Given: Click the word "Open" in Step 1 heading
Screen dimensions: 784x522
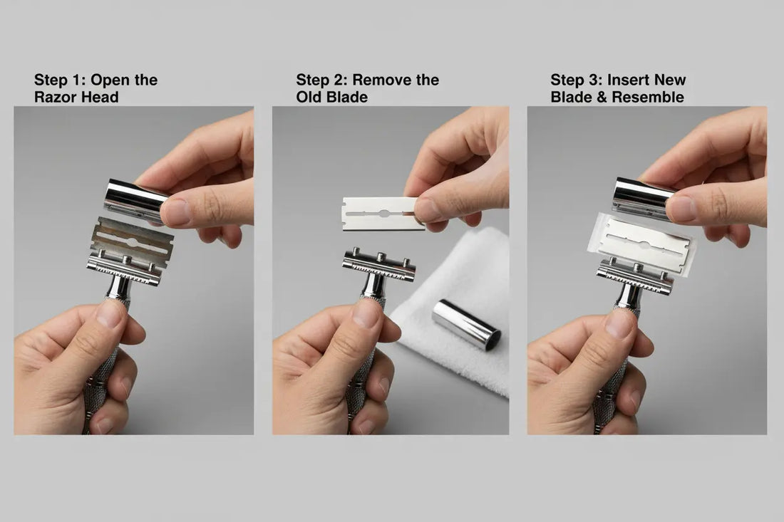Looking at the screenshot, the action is [x=109, y=80].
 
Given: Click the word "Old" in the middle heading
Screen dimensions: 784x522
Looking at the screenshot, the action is [x=309, y=97].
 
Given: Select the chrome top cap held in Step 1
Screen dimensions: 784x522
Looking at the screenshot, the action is [x=135, y=200].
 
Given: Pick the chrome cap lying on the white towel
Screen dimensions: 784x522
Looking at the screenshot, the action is [x=466, y=325].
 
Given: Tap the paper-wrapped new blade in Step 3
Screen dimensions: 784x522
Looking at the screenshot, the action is [x=643, y=244].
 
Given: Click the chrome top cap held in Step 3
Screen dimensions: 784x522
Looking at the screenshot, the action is [x=642, y=198].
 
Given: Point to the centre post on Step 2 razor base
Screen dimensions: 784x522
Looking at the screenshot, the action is [x=381, y=258].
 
